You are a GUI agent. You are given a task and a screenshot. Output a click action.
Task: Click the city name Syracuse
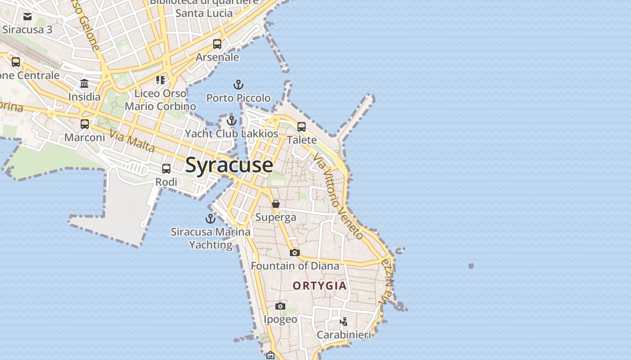229,165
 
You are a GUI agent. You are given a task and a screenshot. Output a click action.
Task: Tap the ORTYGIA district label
320,286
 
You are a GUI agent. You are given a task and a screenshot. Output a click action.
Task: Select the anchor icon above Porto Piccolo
238,84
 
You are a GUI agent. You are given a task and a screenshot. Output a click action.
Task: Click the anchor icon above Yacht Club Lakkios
231,121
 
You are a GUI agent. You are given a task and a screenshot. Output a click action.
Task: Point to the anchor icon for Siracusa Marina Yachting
210,219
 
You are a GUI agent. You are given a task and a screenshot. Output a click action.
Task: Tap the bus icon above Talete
302,126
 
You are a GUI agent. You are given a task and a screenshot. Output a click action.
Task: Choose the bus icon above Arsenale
217,44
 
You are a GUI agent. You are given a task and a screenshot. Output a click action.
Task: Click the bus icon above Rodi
166,169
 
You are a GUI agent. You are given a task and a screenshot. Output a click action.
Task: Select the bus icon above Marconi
85,124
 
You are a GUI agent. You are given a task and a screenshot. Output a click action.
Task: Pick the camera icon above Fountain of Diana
295,252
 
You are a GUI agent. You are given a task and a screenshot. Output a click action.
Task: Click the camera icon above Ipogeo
280,306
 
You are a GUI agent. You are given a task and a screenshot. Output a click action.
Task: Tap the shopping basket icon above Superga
276,204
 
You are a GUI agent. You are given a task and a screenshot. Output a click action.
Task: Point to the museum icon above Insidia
84,83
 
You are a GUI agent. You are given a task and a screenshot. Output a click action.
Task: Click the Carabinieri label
344,335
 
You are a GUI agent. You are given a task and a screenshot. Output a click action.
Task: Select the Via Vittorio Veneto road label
338,196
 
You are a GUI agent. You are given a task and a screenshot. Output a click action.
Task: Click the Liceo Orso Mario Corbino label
160,100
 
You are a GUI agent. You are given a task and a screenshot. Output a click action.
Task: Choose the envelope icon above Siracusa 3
27,17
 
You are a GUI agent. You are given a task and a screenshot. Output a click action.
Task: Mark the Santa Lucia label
204,13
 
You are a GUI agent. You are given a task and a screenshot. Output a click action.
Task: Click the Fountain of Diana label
295,266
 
